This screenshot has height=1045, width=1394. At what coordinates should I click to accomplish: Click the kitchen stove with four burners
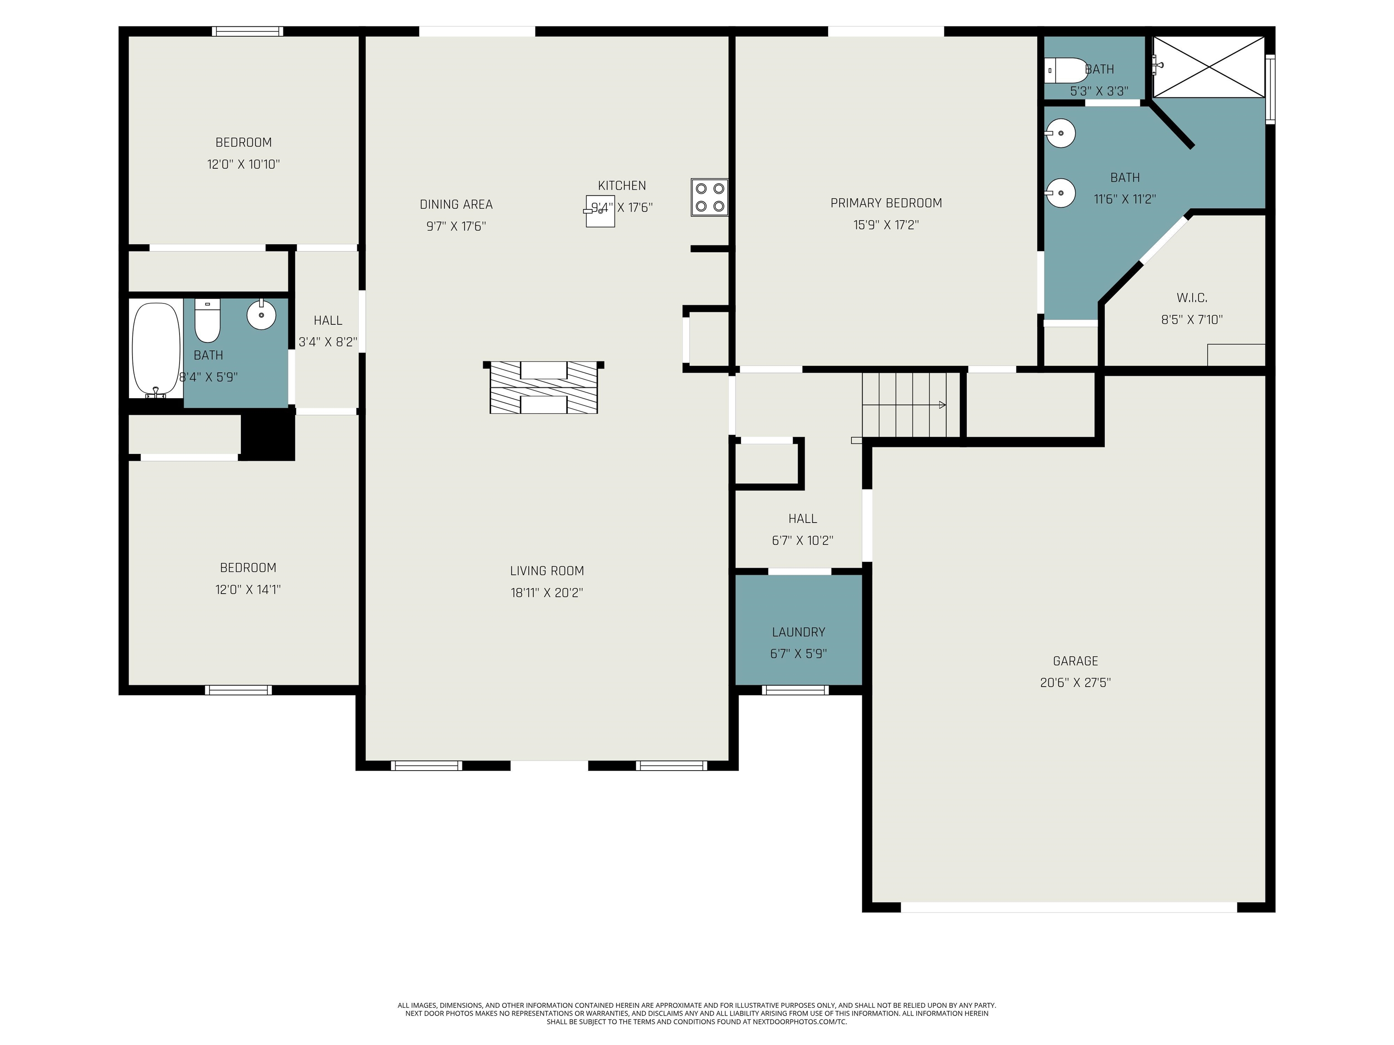point(710,198)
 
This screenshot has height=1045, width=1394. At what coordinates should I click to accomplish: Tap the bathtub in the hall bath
point(156,350)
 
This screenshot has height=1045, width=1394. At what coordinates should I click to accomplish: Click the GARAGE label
point(1075,661)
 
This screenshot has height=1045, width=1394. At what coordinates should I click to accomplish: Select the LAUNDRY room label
point(799,632)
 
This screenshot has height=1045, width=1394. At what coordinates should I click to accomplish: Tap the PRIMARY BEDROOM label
point(886,203)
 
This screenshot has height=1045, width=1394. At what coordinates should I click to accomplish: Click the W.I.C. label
point(1192,298)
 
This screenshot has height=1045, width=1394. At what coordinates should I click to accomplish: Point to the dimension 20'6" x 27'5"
point(1075,682)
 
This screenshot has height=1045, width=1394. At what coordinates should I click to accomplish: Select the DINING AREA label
point(456,204)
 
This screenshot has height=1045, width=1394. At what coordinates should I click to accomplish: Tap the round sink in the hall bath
point(261,314)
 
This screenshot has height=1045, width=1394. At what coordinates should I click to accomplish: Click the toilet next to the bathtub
point(207,321)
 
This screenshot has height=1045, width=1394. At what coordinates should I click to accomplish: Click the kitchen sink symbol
point(600,211)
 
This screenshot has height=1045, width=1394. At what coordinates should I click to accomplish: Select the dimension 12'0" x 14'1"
point(248,590)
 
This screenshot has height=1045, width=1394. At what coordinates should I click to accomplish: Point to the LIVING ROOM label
point(546,571)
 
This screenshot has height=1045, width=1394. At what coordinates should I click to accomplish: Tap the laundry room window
point(795,690)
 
